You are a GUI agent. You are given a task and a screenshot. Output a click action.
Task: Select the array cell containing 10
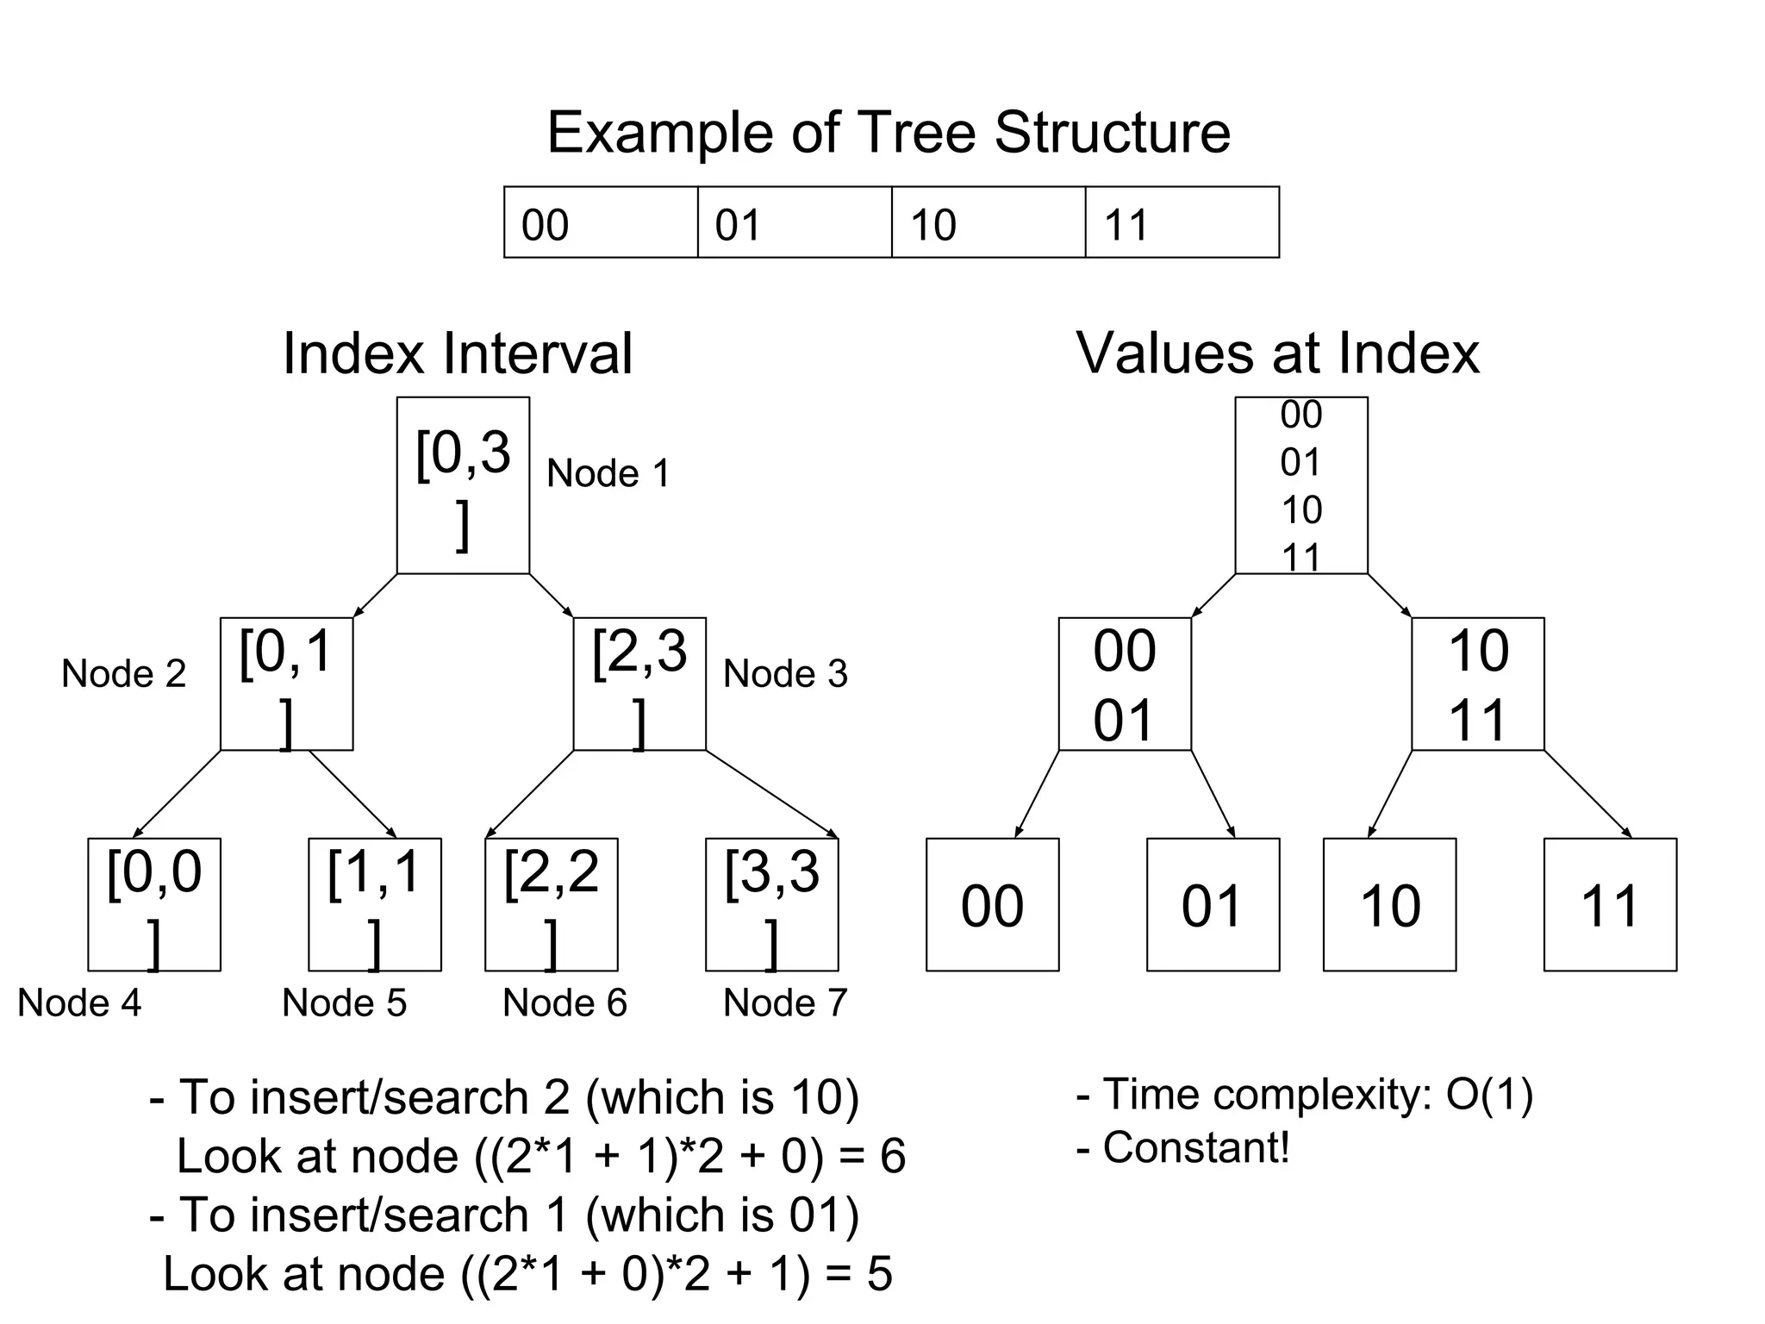tap(988, 222)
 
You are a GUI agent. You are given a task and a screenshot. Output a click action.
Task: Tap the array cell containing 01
tap(794, 222)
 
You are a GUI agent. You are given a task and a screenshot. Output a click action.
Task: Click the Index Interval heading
tap(458, 353)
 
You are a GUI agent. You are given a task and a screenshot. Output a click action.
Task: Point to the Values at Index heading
tap(1277, 353)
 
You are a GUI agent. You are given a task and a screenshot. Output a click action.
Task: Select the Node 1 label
tap(608, 473)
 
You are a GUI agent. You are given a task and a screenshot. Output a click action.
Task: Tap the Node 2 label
tap(123, 673)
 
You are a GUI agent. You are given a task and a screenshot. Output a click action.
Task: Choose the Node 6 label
tap(564, 1002)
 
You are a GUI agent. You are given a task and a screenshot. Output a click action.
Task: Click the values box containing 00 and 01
tap(1125, 684)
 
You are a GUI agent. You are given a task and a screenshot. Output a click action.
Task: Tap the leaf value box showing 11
tap(1610, 905)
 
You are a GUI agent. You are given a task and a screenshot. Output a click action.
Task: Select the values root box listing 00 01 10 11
tap(1301, 485)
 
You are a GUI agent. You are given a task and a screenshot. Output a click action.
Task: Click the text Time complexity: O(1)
tap(1305, 1095)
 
